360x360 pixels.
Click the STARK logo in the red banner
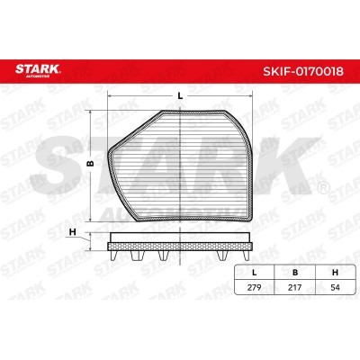(x=38, y=70)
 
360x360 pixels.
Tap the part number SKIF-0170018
(x=303, y=71)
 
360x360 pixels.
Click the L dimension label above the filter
(x=180, y=96)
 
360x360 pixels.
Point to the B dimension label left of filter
(x=90, y=163)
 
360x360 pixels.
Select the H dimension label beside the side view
(x=72, y=232)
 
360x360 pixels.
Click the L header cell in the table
(x=255, y=273)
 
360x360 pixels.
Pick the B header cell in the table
(x=295, y=273)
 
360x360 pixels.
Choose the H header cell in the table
(x=335, y=273)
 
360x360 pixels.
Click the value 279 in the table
(x=255, y=287)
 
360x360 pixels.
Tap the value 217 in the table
(x=294, y=287)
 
